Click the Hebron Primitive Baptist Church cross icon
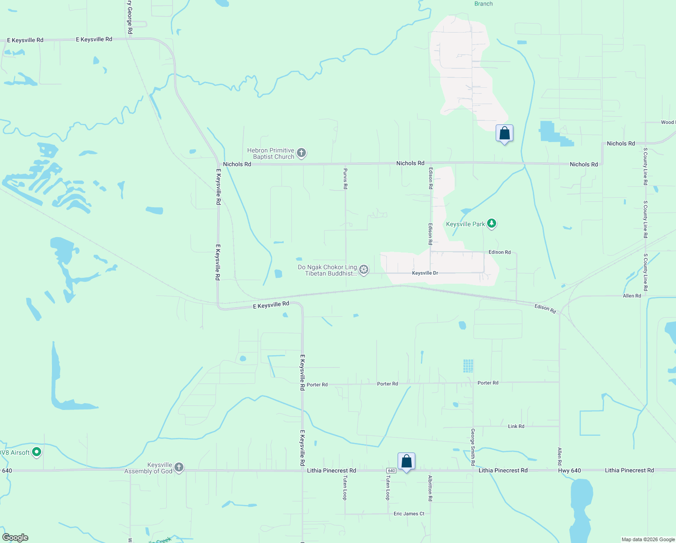pos(302,153)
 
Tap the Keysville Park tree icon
pos(492,224)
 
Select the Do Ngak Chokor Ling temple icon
pos(364,270)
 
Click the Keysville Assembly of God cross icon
pos(179,467)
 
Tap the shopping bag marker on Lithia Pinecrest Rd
pos(406,462)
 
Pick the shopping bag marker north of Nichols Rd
pos(504,133)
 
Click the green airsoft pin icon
pos(37,452)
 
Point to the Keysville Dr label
pos(425,273)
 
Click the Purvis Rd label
pos(345,179)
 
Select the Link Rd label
pos(516,427)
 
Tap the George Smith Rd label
pos(473,447)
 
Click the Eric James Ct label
pos(409,514)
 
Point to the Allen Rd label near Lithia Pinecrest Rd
pos(559,457)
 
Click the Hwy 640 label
pos(569,471)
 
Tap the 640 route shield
pos(391,471)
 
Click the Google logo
pos(15,538)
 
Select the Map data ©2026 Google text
pos(648,539)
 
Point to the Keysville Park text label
pos(465,224)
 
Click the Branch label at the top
pos(484,4)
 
